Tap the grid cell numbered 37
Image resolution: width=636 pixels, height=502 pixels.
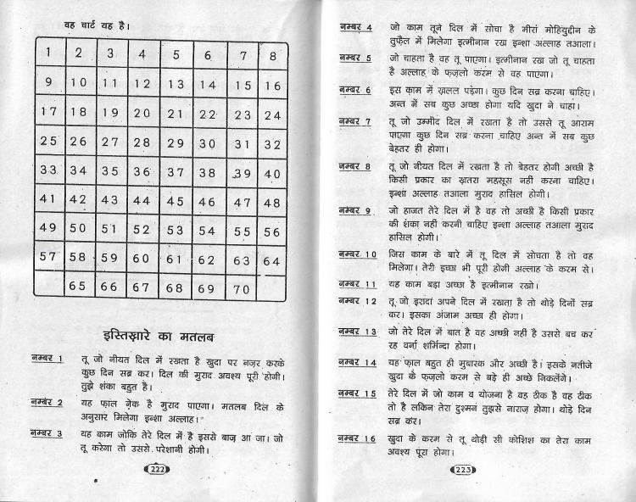coord(175,171)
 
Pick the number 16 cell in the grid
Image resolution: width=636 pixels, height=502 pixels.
coord(272,85)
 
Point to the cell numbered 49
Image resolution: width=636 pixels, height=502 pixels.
coord(49,228)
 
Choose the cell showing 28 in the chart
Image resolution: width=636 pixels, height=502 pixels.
coord(142,142)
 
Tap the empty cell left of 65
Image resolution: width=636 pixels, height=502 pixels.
coord(48,286)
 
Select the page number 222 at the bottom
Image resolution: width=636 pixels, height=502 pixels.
coord(159,470)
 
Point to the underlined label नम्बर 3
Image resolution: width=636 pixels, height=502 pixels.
coord(46,434)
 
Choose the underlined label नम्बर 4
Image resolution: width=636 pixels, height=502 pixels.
coord(354,28)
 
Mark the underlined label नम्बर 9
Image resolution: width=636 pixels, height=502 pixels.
coord(354,209)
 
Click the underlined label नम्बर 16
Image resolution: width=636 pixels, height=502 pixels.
coord(357,438)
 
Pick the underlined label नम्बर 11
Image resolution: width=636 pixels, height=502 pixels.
coord(357,283)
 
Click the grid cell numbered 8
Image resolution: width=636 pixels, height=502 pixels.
coord(272,56)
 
